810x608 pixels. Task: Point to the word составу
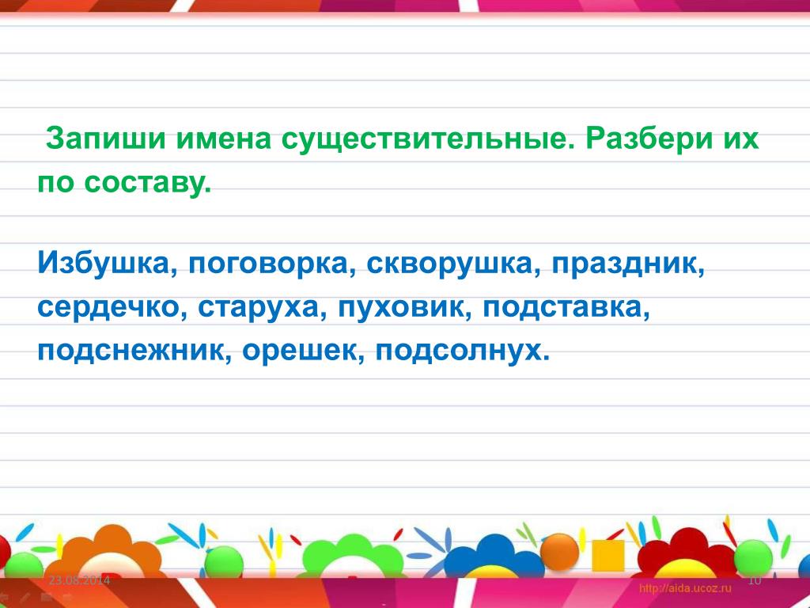[147, 183]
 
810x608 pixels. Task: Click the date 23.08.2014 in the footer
[80, 580]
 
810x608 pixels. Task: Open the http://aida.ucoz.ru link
[685, 588]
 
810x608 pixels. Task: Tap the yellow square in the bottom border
[608, 556]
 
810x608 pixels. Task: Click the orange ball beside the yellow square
[560, 551]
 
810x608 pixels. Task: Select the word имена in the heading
[224, 139]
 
